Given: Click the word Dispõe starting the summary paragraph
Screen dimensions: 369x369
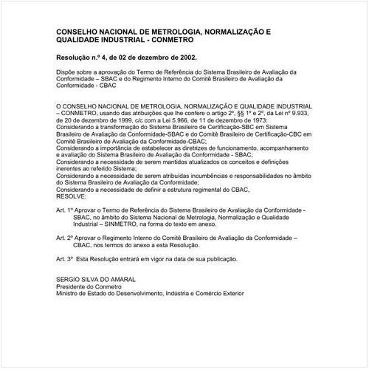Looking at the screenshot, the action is coord(68,72).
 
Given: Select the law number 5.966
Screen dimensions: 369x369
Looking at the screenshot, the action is coord(174,120).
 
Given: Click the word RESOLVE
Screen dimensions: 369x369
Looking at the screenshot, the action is coord(71,197).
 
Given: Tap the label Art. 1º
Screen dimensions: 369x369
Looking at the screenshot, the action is coord(66,211).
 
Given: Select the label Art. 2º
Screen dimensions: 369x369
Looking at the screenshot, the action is coord(66,238).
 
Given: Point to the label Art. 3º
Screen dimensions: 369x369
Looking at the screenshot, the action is coord(66,260).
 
